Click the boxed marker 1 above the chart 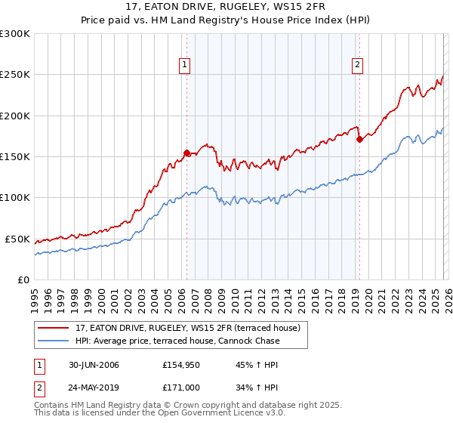[185, 66]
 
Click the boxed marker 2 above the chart [356, 66]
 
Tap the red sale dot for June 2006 [186, 153]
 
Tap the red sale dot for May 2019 [359, 139]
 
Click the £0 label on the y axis [23, 279]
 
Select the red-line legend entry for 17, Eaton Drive [189, 328]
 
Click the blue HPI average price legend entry [177, 341]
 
